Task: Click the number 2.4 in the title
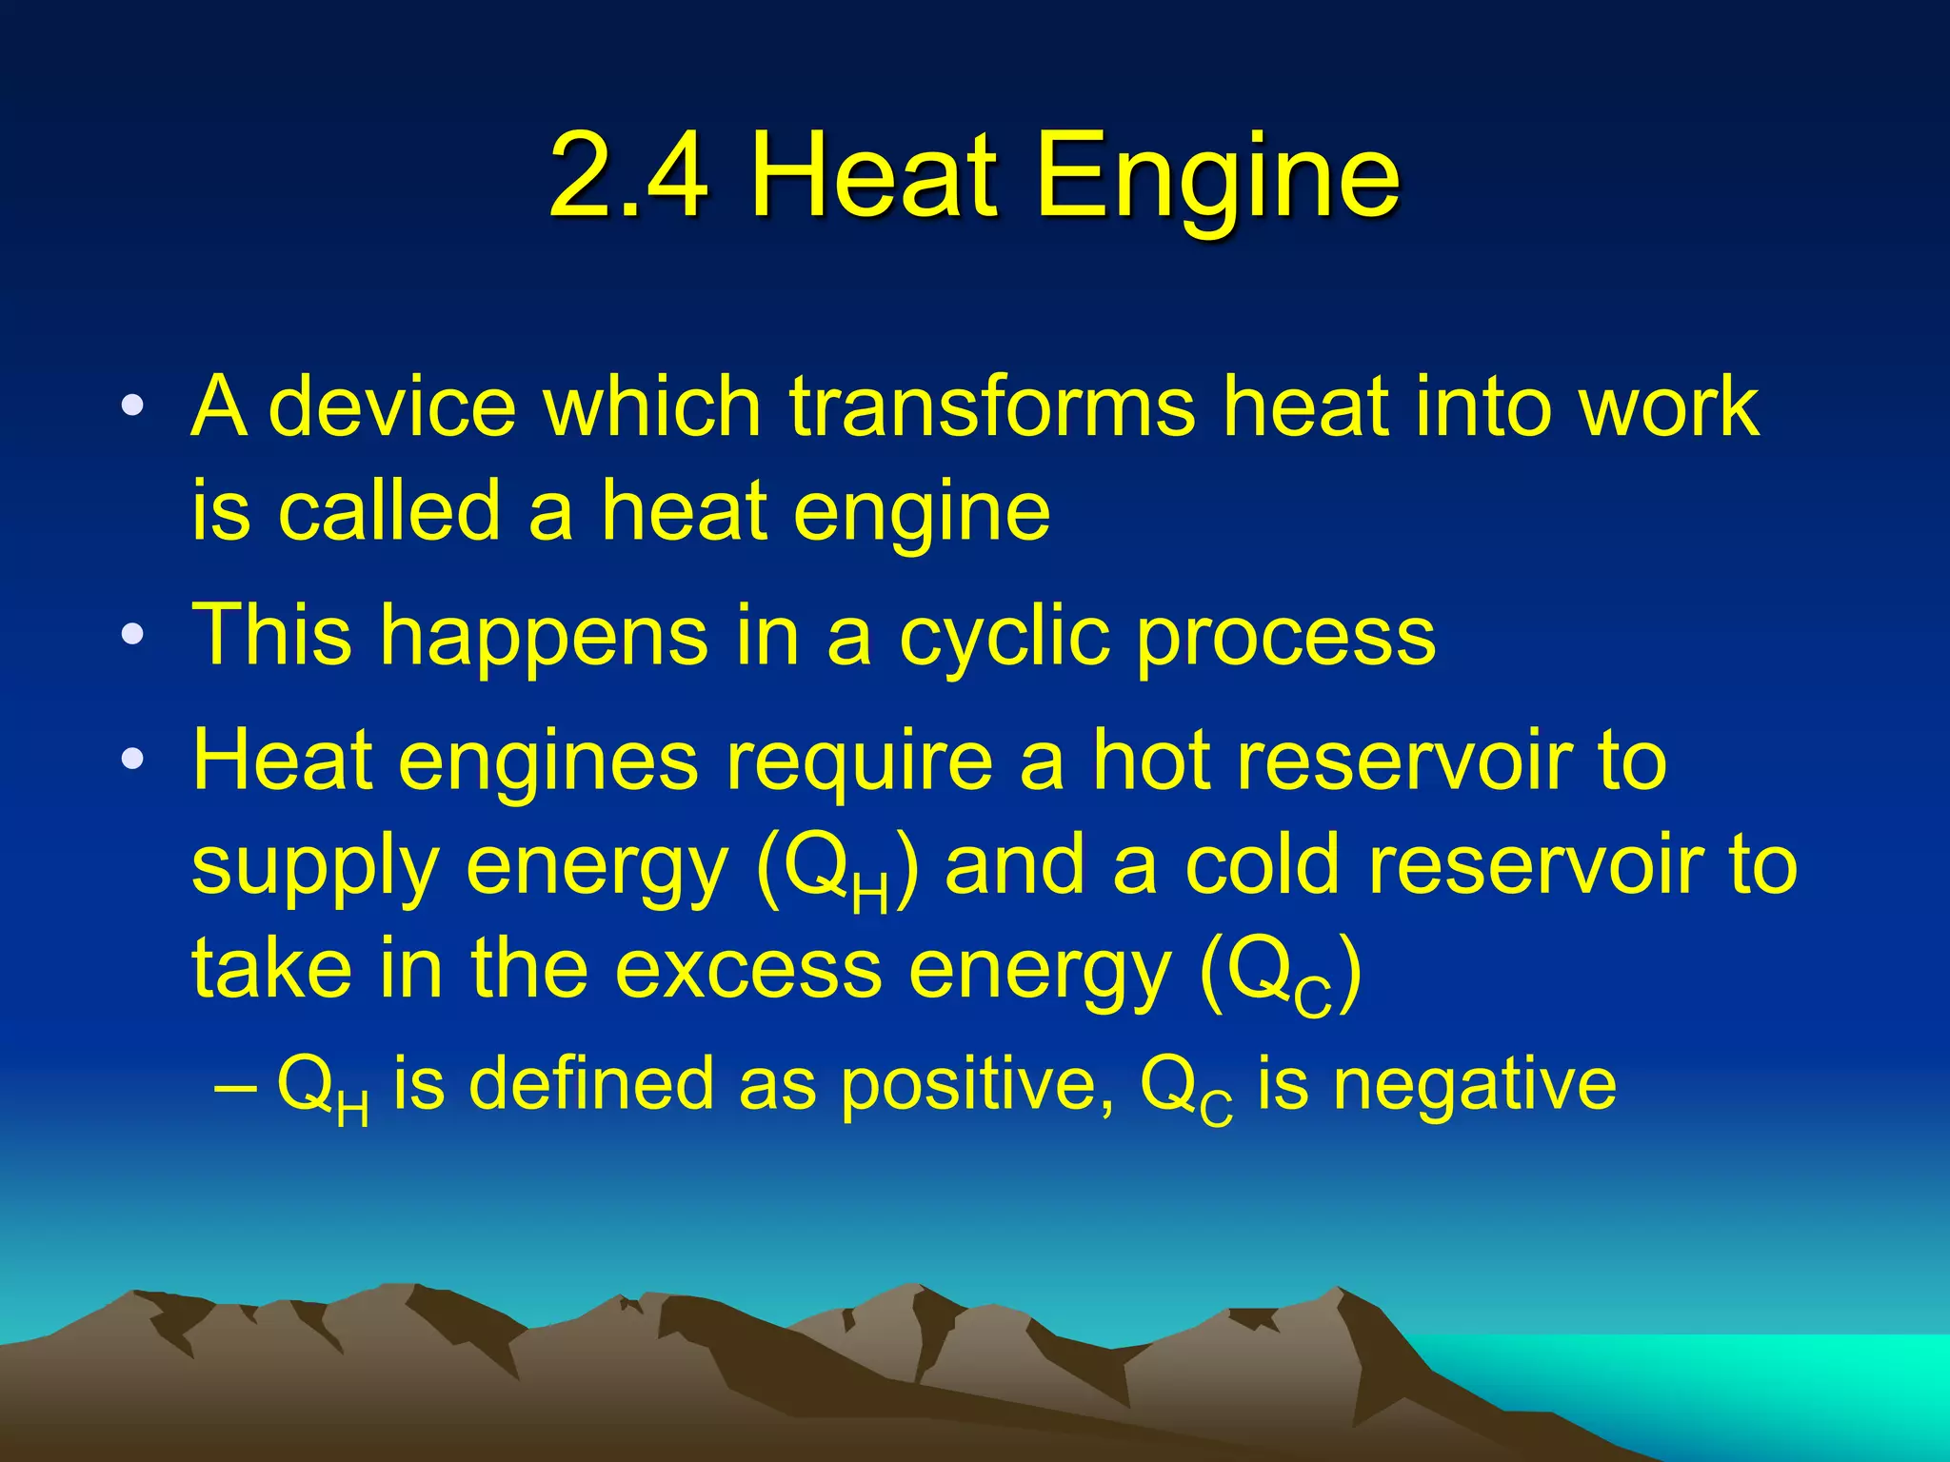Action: (629, 176)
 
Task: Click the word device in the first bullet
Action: (392, 406)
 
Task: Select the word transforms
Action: (991, 406)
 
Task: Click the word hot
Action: (1151, 761)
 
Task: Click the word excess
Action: (748, 970)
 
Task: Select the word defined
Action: (591, 1084)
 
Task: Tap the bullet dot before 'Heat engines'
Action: (132, 759)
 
